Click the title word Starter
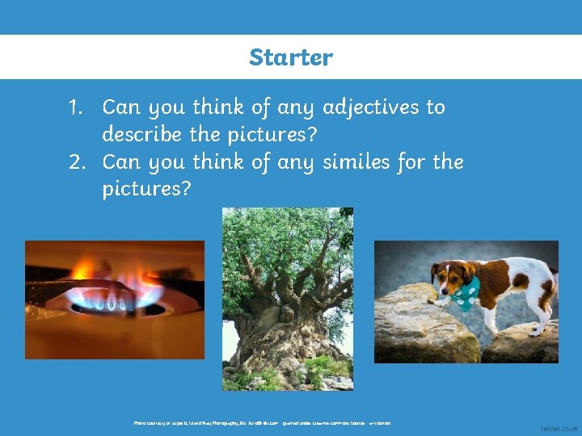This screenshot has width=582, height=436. [x=291, y=57]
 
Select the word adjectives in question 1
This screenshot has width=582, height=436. [x=371, y=107]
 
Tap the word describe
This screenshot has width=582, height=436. [x=142, y=134]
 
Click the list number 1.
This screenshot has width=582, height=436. [x=76, y=107]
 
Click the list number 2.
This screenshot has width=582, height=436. [x=77, y=161]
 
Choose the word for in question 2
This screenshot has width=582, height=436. [x=413, y=161]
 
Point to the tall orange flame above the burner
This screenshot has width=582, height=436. [x=85, y=269]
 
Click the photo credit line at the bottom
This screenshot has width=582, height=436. [x=263, y=423]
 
